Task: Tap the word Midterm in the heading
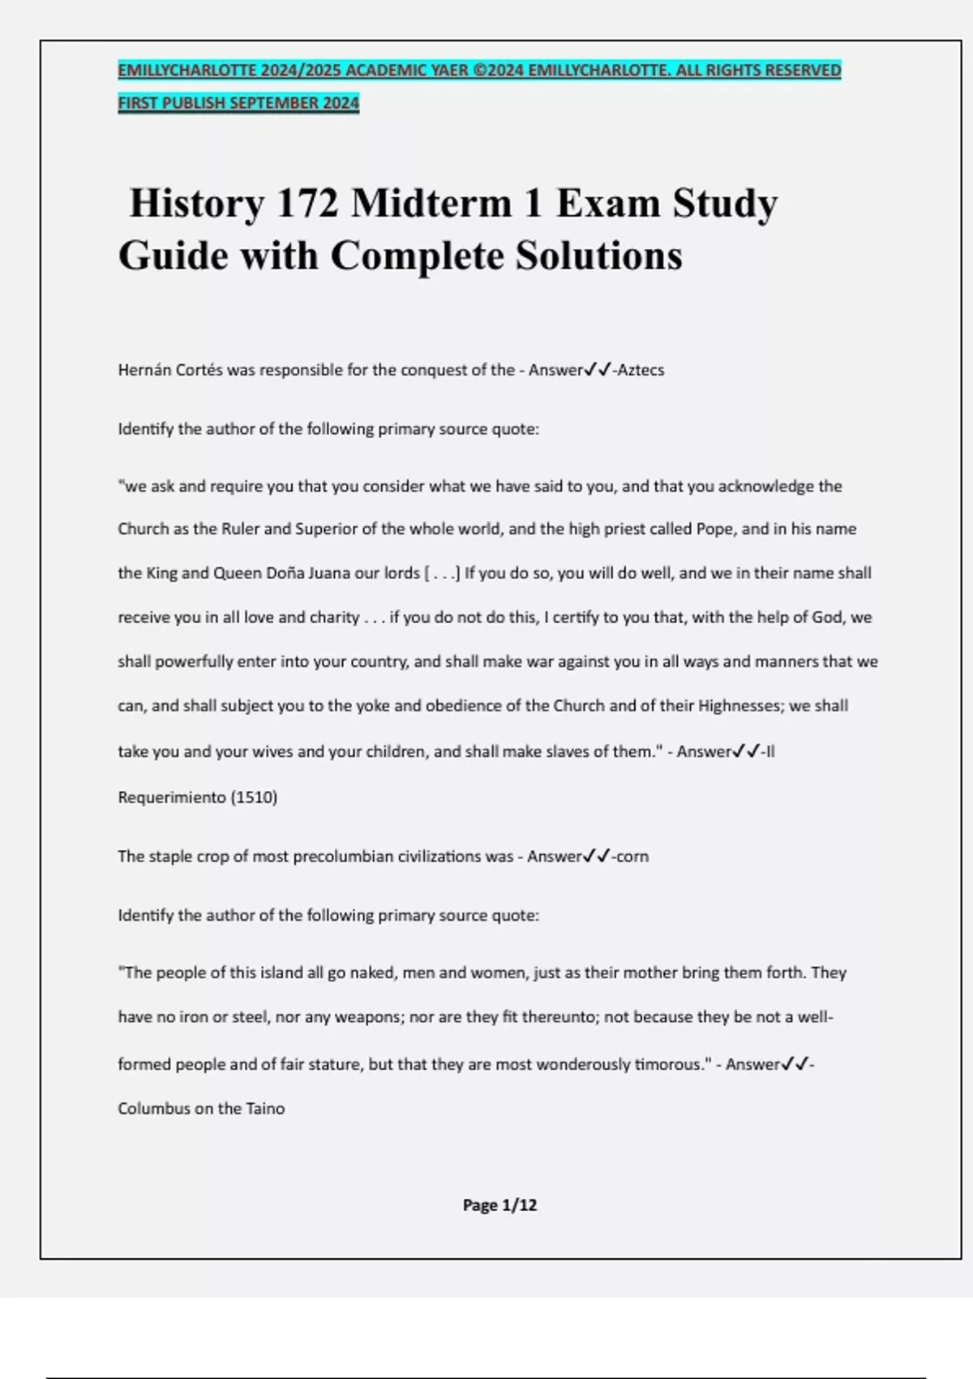[431, 203]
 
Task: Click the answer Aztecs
[641, 370]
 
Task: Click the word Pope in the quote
[715, 529]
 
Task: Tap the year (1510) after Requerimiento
[254, 797]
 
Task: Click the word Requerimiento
[172, 797]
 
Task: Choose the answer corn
[632, 857]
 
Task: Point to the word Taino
[265, 1109]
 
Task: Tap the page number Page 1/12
[499, 1205]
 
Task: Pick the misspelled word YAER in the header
[450, 71]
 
